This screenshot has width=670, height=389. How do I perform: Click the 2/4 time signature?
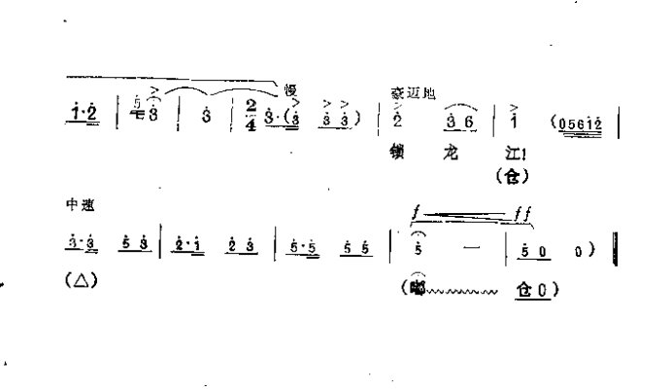pyautogui.click(x=251, y=115)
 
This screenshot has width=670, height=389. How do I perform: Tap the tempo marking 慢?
pyautogui.click(x=289, y=90)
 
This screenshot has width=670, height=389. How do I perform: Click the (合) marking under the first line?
pyautogui.click(x=508, y=177)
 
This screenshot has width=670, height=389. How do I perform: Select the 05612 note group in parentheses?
pyautogui.click(x=581, y=124)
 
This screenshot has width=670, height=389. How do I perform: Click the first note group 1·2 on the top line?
pyautogui.click(x=85, y=116)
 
